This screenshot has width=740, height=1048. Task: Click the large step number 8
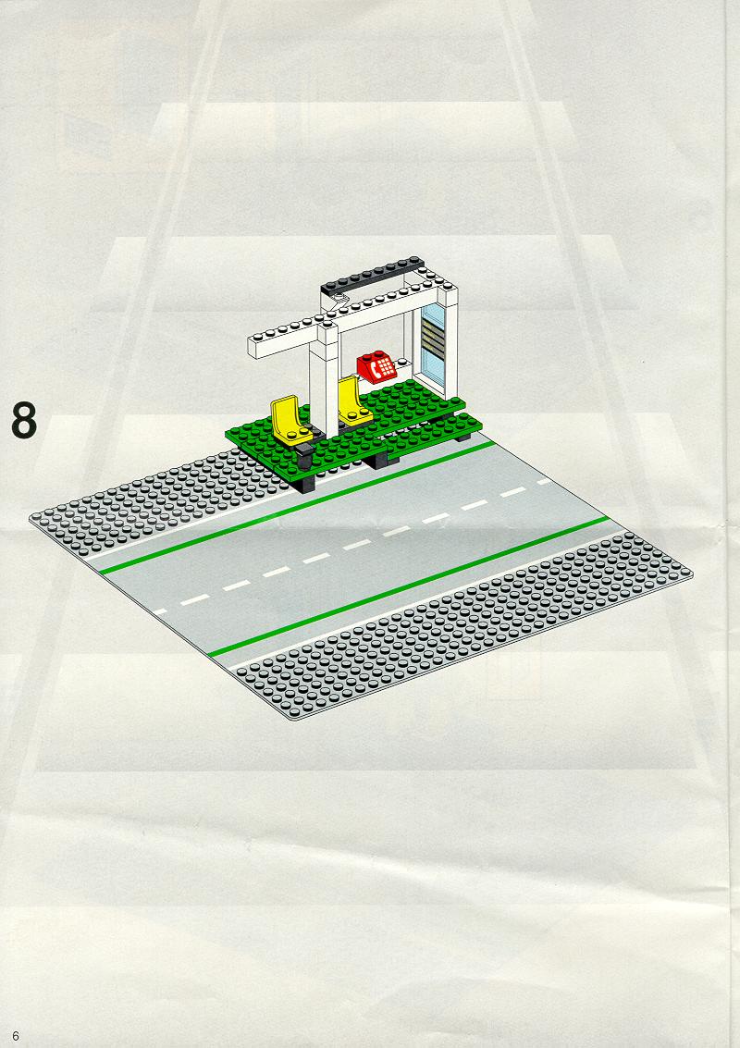click(24, 420)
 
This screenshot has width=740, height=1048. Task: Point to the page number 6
click(16, 1036)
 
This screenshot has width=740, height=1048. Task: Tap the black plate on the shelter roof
click(372, 275)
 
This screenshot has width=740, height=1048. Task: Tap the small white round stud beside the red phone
click(403, 363)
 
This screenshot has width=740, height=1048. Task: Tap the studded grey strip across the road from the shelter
click(462, 625)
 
